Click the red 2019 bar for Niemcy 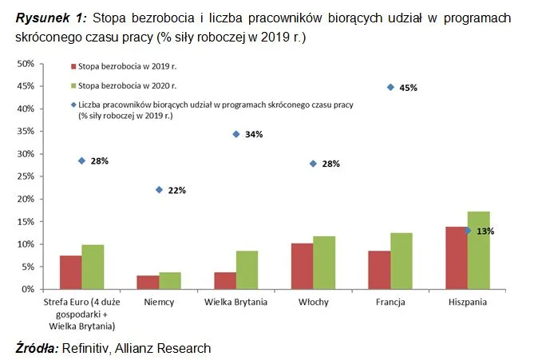click(148, 283)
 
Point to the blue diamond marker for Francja click(390, 87)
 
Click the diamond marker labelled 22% click(159, 190)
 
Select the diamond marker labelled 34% click(236, 134)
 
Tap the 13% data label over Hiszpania click(485, 231)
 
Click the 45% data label click(409, 88)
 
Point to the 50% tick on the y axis click(26, 63)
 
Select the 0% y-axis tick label click(29, 289)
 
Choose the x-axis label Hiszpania click(467, 303)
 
